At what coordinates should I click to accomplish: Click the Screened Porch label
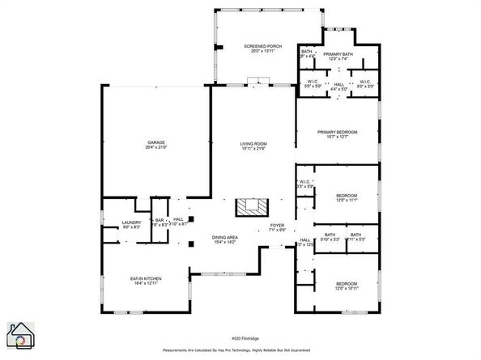tap(256, 47)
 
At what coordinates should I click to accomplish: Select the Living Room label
tap(253, 144)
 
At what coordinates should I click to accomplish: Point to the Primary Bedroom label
tap(337, 132)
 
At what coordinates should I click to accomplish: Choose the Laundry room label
tap(132, 222)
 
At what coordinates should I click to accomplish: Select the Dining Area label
tap(224, 237)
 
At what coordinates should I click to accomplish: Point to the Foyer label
tap(278, 225)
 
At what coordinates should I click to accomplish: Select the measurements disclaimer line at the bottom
tap(240, 351)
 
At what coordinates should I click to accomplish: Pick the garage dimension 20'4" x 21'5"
tap(155, 147)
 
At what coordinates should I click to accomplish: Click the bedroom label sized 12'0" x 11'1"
tap(346, 196)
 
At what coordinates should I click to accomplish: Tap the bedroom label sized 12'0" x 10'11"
tap(346, 284)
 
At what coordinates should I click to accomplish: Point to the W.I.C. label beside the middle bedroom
tap(305, 182)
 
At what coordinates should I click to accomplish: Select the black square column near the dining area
tap(191, 244)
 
